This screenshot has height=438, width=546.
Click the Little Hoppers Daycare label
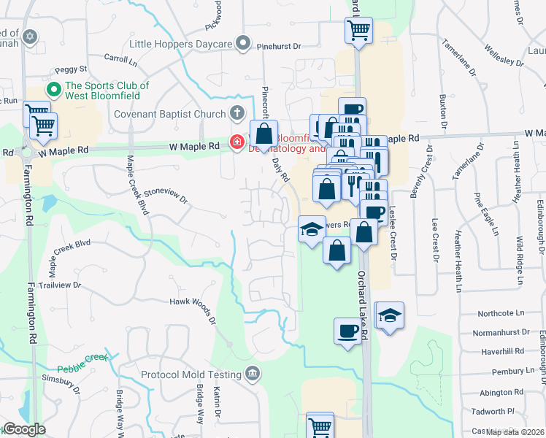tap(180, 44)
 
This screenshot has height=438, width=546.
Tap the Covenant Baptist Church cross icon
tap(237, 114)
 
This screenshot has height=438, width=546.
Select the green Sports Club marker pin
tap(53, 91)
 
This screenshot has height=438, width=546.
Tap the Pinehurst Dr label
tap(279, 46)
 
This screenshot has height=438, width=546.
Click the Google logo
tap(23, 429)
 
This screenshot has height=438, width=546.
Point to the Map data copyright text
tap(515, 432)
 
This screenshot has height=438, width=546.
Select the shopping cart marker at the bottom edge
tap(320, 426)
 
